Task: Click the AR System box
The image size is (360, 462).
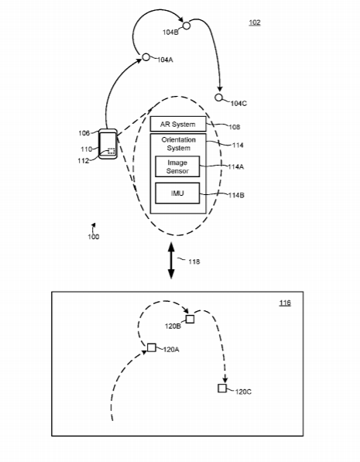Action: pos(178,124)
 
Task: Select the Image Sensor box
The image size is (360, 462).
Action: pos(177,166)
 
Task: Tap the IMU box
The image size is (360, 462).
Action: pos(177,193)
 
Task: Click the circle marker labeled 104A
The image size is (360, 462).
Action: pos(146,57)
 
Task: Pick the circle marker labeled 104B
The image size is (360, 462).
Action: pos(187,26)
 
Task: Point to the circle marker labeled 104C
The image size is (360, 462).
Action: pos(218,98)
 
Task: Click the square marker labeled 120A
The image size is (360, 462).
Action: pos(152,347)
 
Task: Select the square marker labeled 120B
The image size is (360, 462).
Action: pos(190,319)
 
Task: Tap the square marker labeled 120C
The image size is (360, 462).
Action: pos(222,388)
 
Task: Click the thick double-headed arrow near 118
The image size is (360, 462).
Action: pos(171,261)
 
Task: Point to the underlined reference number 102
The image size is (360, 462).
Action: pos(255,22)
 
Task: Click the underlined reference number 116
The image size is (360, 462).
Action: pos(285,303)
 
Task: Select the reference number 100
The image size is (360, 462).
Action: pos(94,237)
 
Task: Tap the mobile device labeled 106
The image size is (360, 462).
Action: pos(108,144)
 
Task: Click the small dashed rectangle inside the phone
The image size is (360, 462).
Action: pos(111,151)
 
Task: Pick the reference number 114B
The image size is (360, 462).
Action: pos(236,195)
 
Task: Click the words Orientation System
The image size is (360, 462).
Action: pos(178,144)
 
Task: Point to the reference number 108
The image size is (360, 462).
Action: pos(235,127)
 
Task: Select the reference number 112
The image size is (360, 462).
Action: pos(84,161)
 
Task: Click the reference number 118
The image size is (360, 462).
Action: pos(194,262)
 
